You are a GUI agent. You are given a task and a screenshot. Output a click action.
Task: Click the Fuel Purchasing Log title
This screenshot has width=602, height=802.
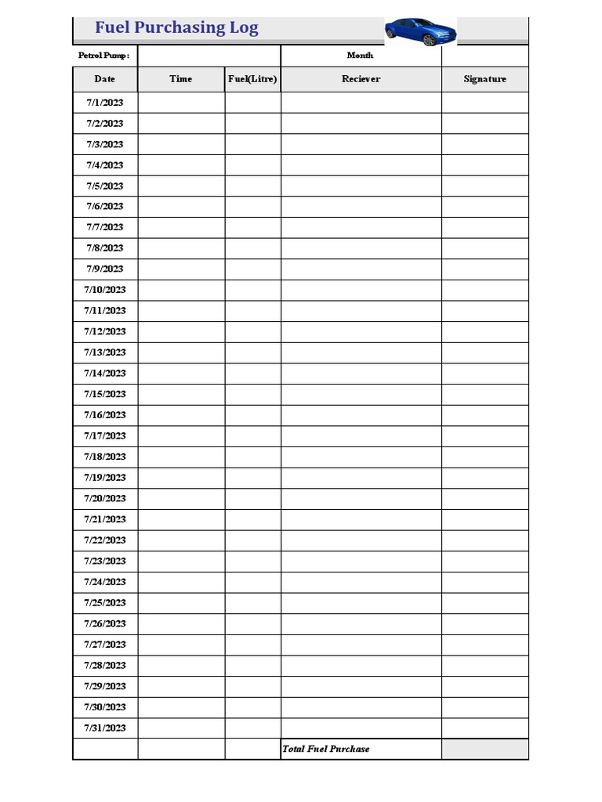176,28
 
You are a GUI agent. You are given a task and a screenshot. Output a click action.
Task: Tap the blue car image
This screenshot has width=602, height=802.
420,31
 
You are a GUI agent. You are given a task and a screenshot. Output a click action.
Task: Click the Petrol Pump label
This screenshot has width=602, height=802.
103,56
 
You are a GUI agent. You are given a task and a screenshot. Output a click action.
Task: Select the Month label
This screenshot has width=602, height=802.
360,56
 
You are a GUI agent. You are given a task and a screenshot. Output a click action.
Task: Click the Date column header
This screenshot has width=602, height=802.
104,79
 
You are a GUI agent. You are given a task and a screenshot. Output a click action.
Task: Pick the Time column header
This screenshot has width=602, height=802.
180,79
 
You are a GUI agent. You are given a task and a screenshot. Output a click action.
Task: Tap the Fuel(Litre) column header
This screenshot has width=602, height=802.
252,79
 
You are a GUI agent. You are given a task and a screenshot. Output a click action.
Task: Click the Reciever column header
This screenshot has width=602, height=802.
361,79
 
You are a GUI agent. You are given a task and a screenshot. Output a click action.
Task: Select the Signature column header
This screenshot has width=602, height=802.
484,79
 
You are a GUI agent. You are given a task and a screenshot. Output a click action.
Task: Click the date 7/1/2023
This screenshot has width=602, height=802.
104,103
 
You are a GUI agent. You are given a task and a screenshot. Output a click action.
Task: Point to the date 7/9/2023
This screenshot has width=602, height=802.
104,269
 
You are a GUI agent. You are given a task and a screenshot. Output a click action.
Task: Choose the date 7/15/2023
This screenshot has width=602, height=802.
104,395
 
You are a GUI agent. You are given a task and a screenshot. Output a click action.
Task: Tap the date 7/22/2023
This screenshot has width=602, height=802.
104,540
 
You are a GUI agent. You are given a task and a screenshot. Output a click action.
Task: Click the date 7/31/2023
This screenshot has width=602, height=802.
104,728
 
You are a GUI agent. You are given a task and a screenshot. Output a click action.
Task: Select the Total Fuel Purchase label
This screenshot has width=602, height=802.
325,750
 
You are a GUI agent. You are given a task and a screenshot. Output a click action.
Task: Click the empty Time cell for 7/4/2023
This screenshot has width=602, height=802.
181,165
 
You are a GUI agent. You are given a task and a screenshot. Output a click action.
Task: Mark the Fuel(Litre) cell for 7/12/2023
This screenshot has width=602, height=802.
252,332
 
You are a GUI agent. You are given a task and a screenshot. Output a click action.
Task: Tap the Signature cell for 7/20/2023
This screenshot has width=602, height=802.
484,499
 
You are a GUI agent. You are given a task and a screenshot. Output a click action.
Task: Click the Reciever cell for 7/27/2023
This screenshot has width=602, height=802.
361,645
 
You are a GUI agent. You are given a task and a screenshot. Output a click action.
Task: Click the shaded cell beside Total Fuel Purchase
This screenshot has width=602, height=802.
484,750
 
